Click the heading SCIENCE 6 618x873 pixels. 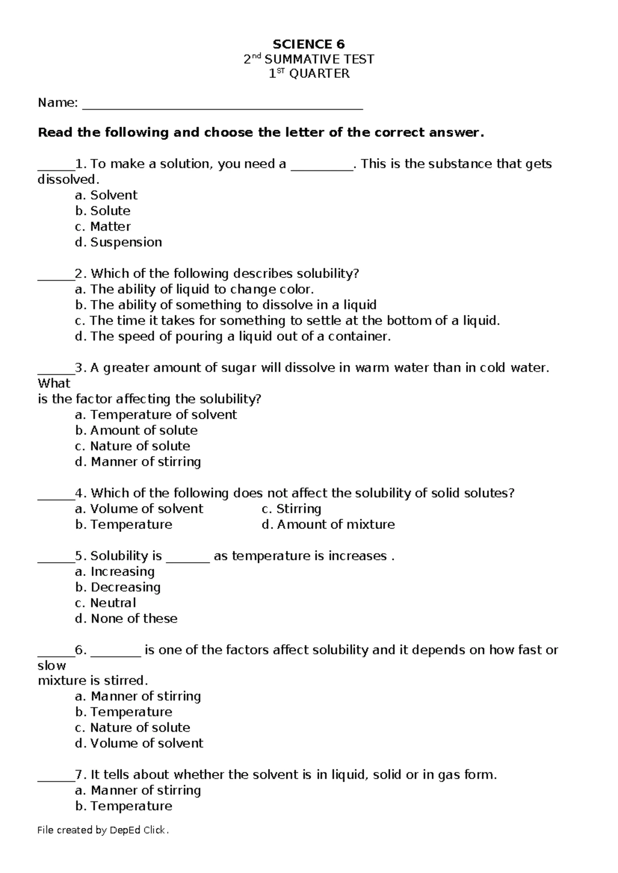[x=308, y=44]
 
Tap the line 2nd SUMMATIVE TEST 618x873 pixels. [x=308, y=59]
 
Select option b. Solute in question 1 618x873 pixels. [x=102, y=211]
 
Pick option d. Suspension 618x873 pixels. [x=118, y=242]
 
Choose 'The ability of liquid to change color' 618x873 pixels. [x=194, y=289]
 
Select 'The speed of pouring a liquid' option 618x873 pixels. [x=233, y=337]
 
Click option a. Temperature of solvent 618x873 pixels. [x=156, y=415]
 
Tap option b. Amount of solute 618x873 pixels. [x=136, y=430]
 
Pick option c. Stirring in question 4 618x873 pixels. [x=291, y=509]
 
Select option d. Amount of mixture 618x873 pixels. [x=328, y=525]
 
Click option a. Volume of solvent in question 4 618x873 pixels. [x=139, y=509]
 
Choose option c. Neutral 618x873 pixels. [x=106, y=603]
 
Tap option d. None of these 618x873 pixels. [x=126, y=619]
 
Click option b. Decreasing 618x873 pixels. [x=118, y=587]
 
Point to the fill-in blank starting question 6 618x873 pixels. [x=115, y=654]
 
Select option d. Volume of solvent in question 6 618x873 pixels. [x=139, y=744]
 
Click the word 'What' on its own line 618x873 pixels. [x=54, y=383]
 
